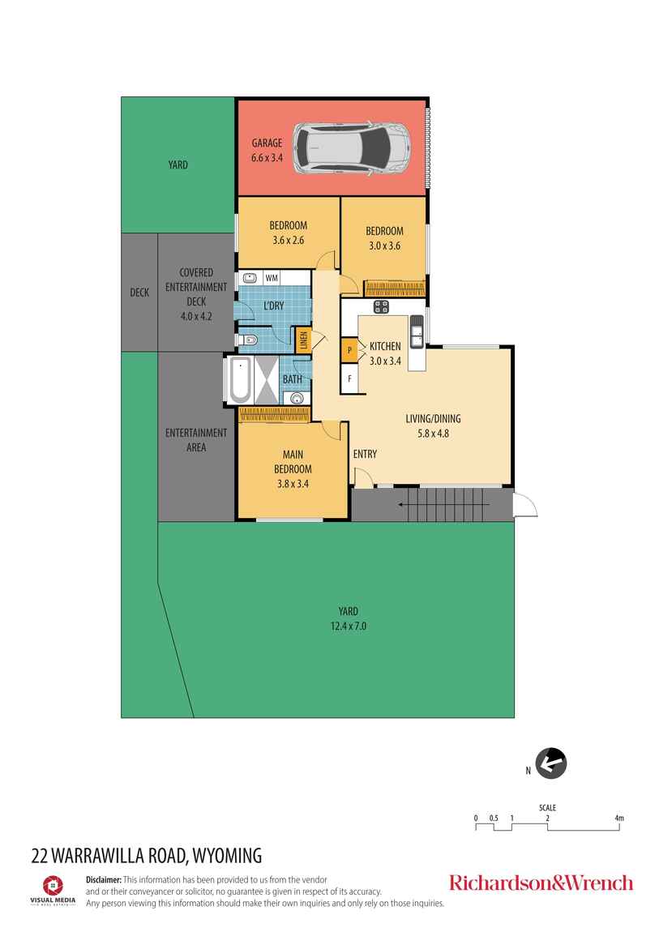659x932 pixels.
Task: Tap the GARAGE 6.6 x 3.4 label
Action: (267, 151)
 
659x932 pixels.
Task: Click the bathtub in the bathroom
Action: (239, 380)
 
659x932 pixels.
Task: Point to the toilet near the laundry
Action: (248, 340)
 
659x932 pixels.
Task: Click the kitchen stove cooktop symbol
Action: (380, 306)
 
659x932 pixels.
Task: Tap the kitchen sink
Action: (417, 330)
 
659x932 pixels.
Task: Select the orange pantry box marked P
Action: (349, 350)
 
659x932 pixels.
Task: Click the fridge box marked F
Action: (349, 378)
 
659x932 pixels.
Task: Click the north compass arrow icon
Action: (551, 763)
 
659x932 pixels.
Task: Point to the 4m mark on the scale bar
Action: (619, 819)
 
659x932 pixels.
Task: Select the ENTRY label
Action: (365, 454)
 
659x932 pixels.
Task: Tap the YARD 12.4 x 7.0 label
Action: (349, 618)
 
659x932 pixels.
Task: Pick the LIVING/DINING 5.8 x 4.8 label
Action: (433, 425)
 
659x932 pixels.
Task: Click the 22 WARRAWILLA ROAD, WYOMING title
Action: (147, 854)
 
